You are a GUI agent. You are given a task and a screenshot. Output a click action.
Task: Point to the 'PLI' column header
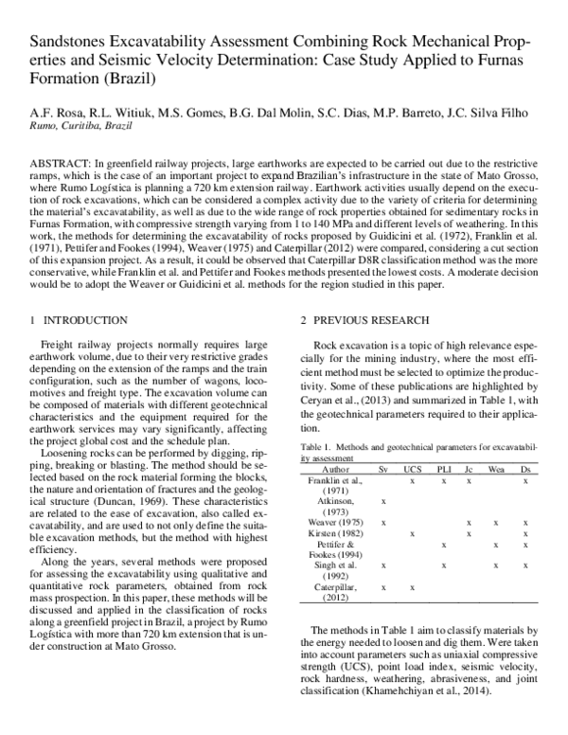pos(444,442)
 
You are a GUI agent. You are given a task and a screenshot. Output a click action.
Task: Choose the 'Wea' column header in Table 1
pos(496,442)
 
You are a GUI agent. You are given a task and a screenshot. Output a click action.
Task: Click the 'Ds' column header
pos(525,442)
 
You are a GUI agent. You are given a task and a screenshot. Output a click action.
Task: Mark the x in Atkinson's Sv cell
pos(382,474)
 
